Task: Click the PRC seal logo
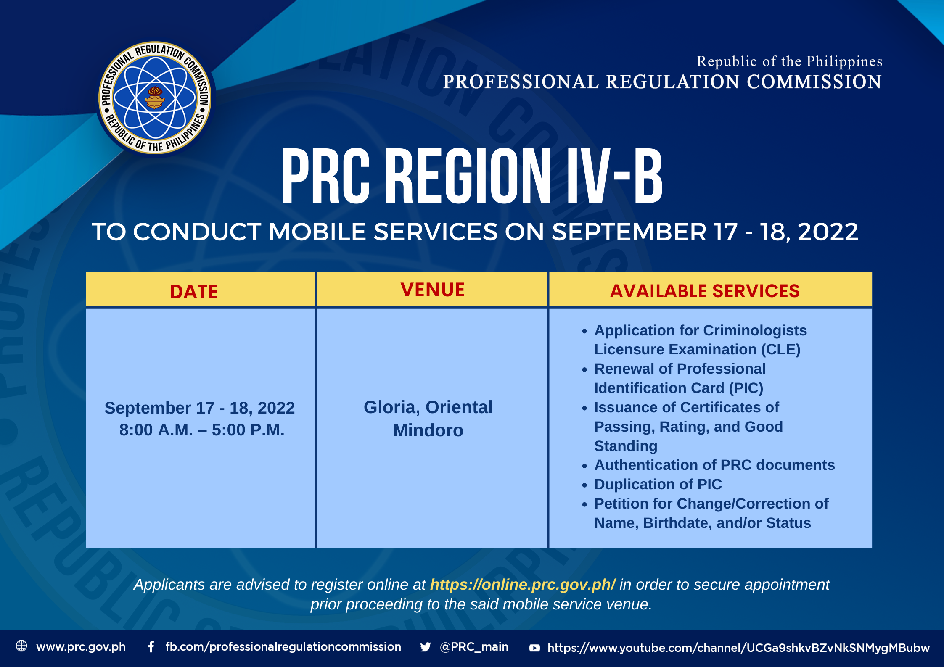tap(155, 98)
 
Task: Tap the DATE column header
tap(194, 292)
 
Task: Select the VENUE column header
tap(433, 290)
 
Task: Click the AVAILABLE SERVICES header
tap(705, 291)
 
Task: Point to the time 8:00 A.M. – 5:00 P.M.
tap(202, 430)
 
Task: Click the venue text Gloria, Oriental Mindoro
tap(428, 419)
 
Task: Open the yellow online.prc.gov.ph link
tap(523, 585)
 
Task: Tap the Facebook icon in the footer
tap(151, 647)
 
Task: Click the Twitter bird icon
tap(425, 647)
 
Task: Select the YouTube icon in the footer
tap(534, 648)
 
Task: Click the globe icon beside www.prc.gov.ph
tap(21, 646)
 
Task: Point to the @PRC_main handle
tap(474, 647)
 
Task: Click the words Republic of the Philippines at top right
tap(789, 61)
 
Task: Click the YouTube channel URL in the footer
tap(738, 648)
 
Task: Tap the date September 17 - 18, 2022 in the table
tap(200, 408)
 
